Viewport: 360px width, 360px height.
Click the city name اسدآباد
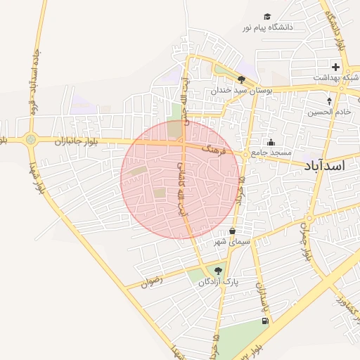tap(326, 165)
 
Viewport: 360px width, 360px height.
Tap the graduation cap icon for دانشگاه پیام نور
tap(267, 16)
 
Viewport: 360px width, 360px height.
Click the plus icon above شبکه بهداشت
tap(336, 67)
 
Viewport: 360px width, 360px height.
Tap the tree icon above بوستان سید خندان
tap(242, 80)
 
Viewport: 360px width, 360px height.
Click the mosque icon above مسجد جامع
tap(271, 143)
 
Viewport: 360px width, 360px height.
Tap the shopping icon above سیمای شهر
tap(233, 231)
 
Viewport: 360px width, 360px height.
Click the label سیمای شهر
tap(233, 242)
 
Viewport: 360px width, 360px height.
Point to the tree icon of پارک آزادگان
tap(218, 270)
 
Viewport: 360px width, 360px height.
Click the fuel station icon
tap(264, 321)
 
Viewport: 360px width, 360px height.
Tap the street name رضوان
tap(152, 279)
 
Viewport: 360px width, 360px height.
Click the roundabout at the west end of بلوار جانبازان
tap(30, 139)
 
